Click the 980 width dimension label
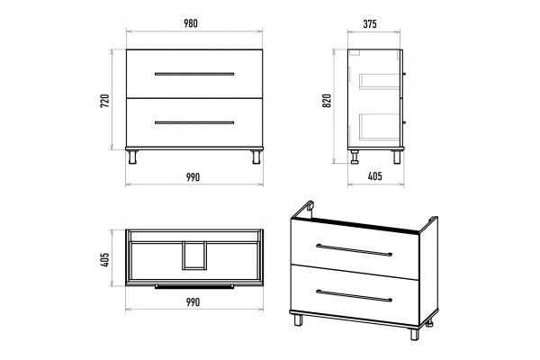(191, 23)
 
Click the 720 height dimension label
(104, 101)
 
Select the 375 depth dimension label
(370, 24)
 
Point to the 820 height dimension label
(327, 100)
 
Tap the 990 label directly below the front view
(193, 177)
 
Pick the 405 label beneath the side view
(375, 176)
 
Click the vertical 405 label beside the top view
(104, 259)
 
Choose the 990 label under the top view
(193, 302)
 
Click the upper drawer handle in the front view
(194, 74)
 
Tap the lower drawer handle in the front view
(194, 122)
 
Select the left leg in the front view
(132, 157)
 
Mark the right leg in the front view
(256, 157)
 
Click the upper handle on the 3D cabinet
(354, 250)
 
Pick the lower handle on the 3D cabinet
(354, 295)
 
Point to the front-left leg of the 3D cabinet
(298, 319)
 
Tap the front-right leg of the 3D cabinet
(414, 334)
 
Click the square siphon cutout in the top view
(194, 255)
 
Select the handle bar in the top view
(194, 286)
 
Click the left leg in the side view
(355, 157)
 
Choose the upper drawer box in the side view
(380, 81)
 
